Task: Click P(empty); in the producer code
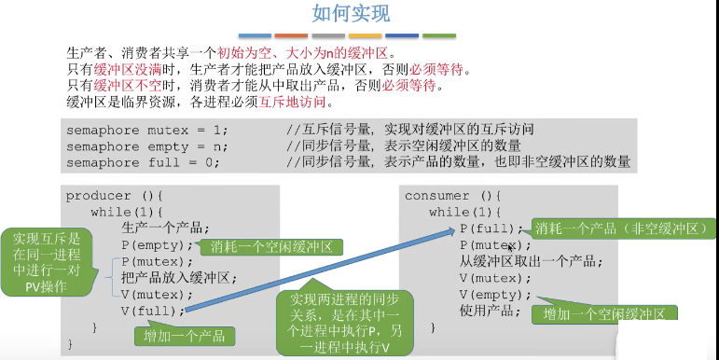coord(157,245)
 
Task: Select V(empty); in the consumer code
coord(494,295)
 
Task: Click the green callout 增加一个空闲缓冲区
coord(603,314)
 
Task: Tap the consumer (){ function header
coord(453,196)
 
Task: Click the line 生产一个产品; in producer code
coord(165,228)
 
